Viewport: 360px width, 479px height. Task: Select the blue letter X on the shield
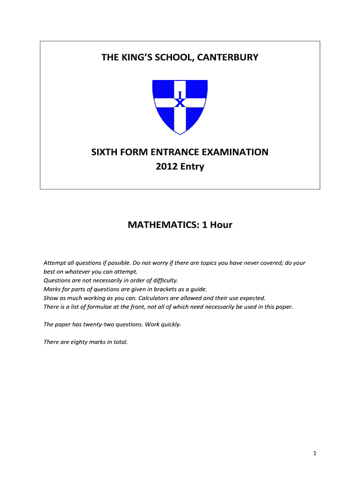click(180, 103)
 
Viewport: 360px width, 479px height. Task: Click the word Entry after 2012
click(192, 166)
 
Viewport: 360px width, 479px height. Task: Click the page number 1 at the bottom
click(316, 453)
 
